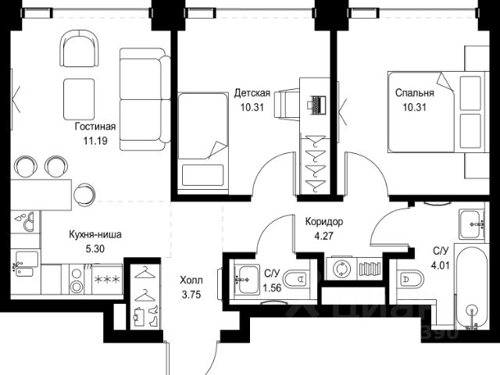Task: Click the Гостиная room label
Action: coord(95,127)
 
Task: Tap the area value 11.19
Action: coord(95,141)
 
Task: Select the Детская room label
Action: coord(252,93)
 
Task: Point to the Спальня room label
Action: coord(415,93)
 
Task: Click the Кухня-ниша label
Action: coord(95,234)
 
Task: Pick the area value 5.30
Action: coord(95,248)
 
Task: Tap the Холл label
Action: coord(191,280)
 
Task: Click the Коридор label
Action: coord(324,222)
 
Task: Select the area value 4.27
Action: coord(323,236)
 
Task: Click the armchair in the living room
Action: coord(79,48)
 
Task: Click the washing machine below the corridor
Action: coord(341,269)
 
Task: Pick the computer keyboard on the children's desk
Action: coord(318,105)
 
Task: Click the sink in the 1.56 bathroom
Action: coord(247,280)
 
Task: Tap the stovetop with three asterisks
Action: coord(107,280)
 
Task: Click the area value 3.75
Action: coord(191,295)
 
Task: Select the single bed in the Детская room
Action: coord(202,142)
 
